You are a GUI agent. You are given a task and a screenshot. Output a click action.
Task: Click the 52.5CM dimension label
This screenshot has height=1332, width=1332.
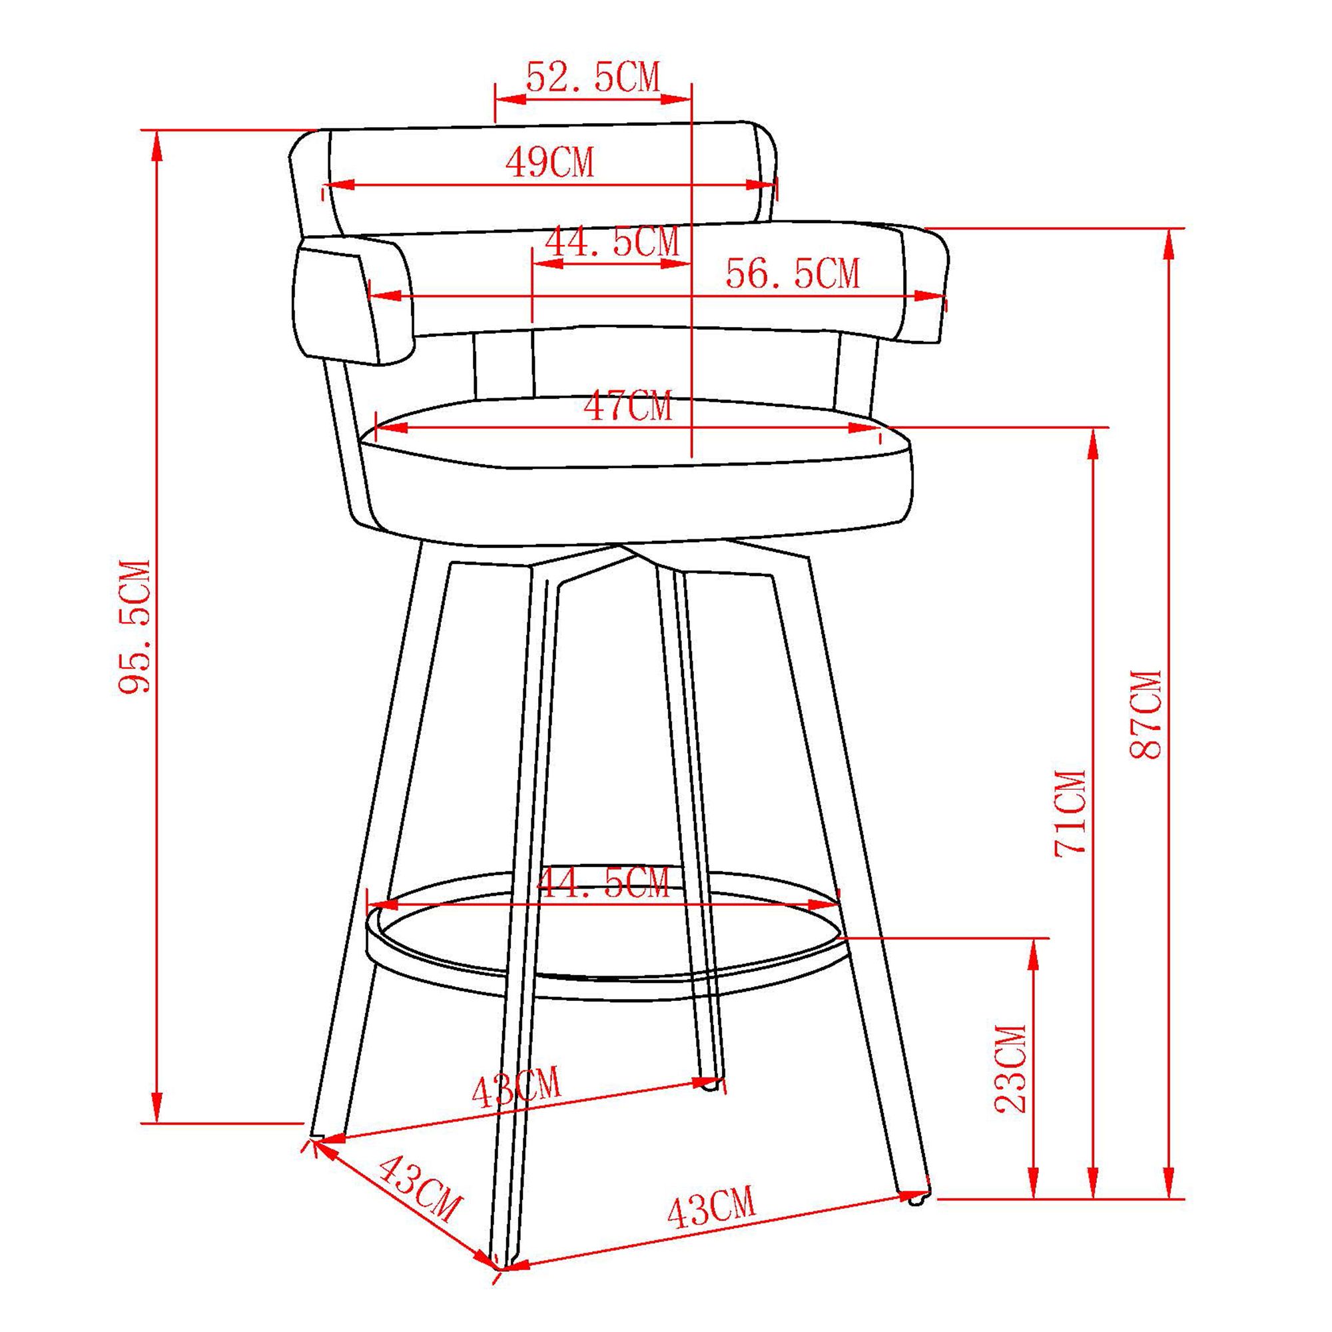(593, 77)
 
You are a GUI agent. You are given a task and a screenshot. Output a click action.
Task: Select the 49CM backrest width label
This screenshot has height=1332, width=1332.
(549, 163)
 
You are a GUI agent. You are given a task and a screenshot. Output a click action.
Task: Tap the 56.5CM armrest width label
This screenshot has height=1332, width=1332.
(793, 274)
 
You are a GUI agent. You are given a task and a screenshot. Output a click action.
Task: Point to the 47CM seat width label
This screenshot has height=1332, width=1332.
(627, 407)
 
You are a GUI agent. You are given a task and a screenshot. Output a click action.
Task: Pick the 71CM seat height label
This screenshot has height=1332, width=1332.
(1071, 814)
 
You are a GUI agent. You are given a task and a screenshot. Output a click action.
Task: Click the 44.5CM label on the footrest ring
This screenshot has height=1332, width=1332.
(603, 883)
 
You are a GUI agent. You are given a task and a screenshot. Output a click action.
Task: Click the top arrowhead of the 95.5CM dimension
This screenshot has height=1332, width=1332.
(158, 141)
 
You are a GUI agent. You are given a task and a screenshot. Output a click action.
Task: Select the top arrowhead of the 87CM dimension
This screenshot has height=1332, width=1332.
(1168, 241)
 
